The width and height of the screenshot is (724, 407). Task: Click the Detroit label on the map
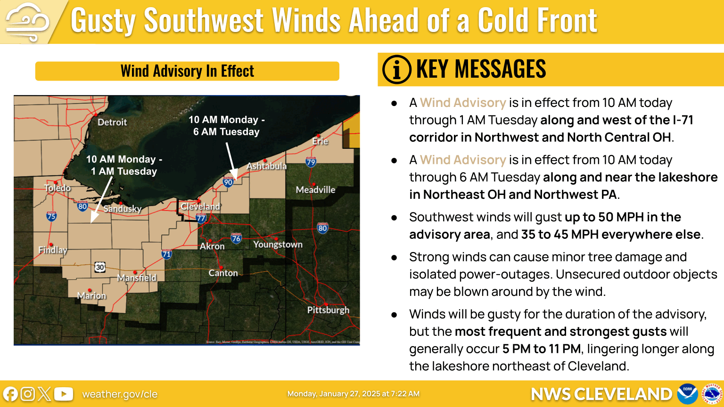click(112, 122)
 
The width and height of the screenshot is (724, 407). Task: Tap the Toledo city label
click(58, 188)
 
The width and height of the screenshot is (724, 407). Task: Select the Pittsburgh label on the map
click(328, 310)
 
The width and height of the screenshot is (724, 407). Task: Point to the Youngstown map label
click(278, 244)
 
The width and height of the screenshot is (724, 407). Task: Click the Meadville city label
click(315, 190)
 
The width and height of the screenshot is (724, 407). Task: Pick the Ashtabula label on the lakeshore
click(266, 166)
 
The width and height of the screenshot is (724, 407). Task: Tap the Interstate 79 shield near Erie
click(311, 162)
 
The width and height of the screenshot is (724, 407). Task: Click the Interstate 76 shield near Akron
click(236, 238)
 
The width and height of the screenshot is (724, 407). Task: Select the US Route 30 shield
click(100, 267)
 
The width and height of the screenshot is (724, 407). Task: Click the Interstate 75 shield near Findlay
click(51, 216)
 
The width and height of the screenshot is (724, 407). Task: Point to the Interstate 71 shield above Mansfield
click(166, 254)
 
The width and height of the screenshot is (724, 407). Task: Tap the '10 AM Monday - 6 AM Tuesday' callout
click(227, 126)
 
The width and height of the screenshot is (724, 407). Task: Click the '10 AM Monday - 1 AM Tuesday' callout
click(124, 165)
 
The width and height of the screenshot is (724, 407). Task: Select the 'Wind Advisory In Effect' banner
click(187, 71)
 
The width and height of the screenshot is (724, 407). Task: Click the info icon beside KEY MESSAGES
click(396, 70)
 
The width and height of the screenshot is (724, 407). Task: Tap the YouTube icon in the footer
click(64, 394)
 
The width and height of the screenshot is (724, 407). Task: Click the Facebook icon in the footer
click(10, 394)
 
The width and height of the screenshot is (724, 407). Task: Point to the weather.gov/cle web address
click(120, 394)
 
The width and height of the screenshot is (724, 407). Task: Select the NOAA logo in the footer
click(687, 393)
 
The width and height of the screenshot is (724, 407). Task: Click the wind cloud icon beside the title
click(27, 22)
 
